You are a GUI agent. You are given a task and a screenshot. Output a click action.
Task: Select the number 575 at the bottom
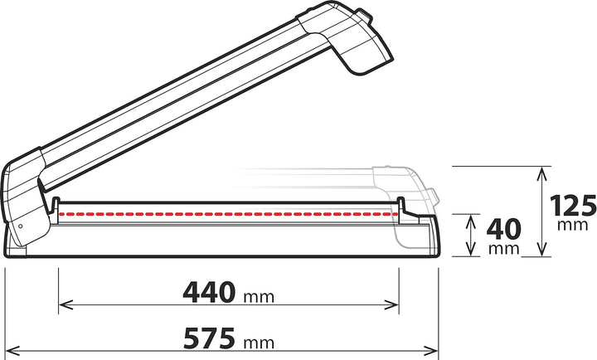pyautogui.click(x=209, y=338)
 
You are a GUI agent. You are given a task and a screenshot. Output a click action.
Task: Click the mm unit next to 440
pyautogui.click(x=259, y=296)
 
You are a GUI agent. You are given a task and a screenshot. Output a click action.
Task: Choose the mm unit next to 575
pyautogui.click(x=259, y=342)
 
